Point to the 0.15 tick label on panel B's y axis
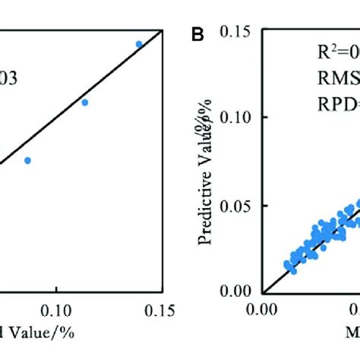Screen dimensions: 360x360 (235, 31)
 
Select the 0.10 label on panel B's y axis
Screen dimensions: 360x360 (235, 117)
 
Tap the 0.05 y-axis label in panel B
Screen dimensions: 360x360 (235, 205)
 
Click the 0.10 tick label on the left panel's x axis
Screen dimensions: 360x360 (55, 310)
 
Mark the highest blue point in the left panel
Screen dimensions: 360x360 (139, 44)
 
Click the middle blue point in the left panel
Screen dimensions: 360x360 (85, 102)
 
